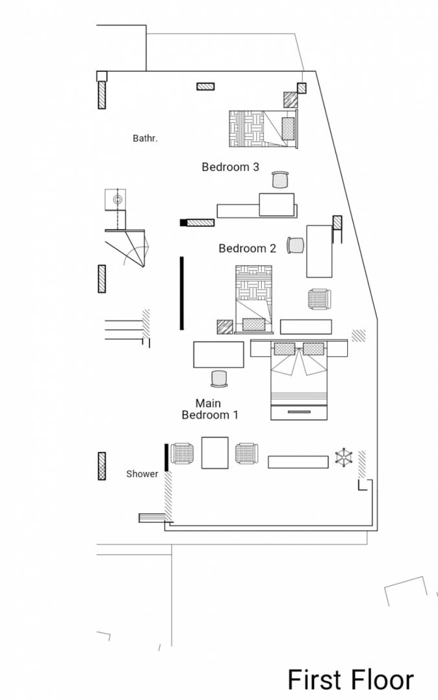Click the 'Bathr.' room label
tap(145, 139)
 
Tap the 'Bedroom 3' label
tap(231, 167)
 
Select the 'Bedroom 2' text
tap(248, 248)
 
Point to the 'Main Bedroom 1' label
tap(210, 410)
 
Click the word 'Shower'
tap(142, 474)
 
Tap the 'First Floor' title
tap(351, 679)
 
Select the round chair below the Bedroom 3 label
tap(281, 180)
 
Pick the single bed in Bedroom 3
tap(264, 129)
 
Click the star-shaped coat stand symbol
tap(344, 458)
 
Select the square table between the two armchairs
tap(214, 452)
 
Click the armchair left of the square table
tap(182, 454)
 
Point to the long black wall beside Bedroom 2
tap(181, 293)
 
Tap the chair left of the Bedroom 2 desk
tap(296, 245)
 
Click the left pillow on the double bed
tap(284, 349)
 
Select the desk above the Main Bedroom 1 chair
tap(219, 355)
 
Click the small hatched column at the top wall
tap(206, 86)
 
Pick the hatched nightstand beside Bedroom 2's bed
tap(225, 327)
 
